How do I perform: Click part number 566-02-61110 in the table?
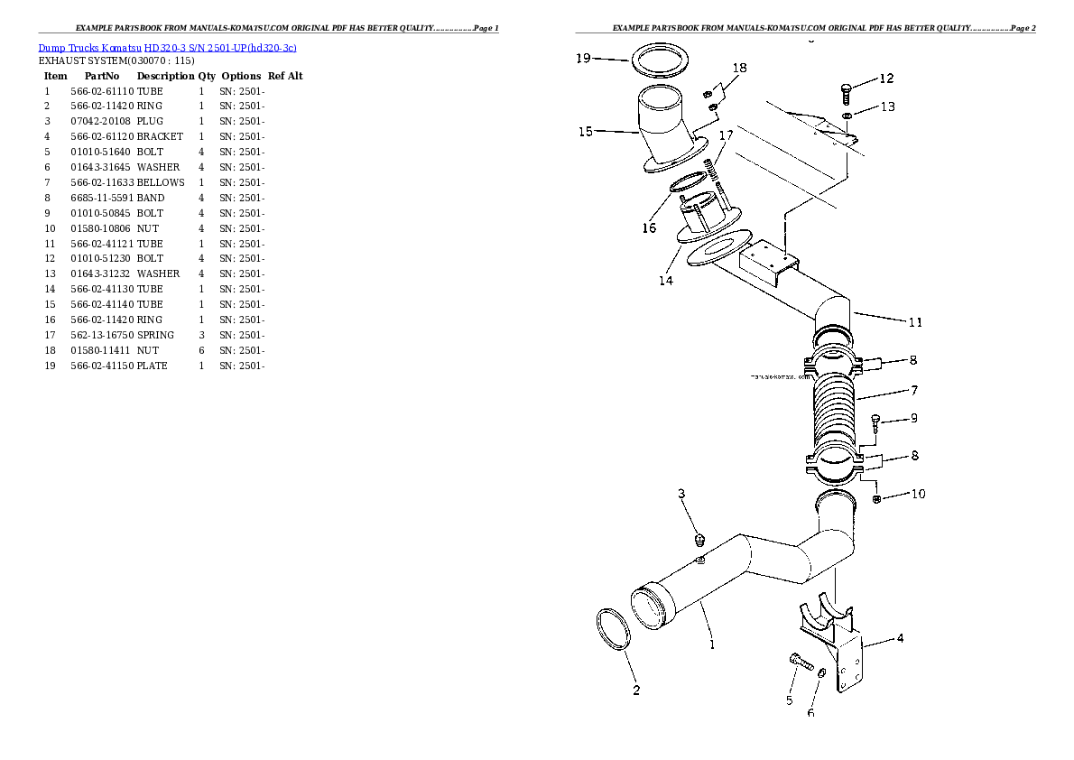101,91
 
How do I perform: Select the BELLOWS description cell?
161,182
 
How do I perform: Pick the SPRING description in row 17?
156,335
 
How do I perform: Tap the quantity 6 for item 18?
201,350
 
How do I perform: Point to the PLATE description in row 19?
153,366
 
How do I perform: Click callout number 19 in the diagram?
582,59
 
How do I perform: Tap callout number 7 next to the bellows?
914,391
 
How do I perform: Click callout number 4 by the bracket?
900,639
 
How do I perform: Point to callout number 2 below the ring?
636,690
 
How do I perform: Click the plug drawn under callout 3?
699,541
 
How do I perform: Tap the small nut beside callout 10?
876,499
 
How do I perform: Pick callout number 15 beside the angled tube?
585,132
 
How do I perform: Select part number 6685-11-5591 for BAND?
101,198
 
